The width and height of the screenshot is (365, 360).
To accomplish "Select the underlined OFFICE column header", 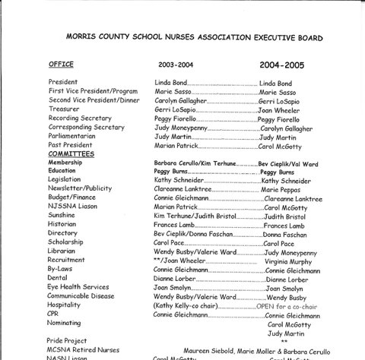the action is pyautogui.click(x=62, y=65).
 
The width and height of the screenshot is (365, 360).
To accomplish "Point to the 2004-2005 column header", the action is pyautogui.click(x=282, y=65).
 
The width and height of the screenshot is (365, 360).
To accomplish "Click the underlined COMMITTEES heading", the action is pyautogui.click(x=71, y=153).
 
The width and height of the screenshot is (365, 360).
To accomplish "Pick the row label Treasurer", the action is pyautogui.click(x=65, y=109).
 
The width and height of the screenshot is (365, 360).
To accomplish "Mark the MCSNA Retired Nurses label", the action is pyautogui.click(x=83, y=351).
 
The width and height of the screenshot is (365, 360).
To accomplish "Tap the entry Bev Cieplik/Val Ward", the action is pyautogui.click(x=289, y=163).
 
